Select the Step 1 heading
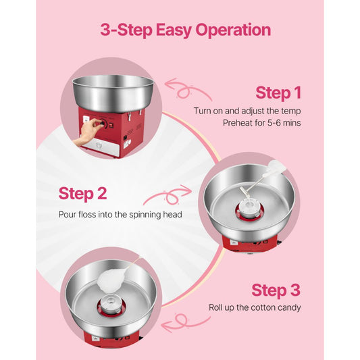(x=278, y=93)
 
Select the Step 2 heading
(x=82, y=194)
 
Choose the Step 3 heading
(x=276, y=290)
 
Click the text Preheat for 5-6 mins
(x=262, y=123)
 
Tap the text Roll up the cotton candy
(x=254, y=307)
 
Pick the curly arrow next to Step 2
(x=165, y=197)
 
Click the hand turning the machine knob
(x=84, y=134)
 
